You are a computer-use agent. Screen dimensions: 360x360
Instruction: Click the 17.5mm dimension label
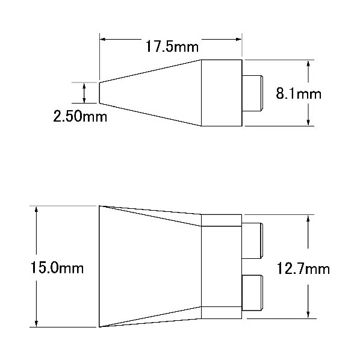(172, 46)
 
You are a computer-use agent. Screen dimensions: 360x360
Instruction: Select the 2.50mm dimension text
(80, 116)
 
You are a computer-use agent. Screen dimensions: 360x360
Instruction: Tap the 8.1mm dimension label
(299, 94)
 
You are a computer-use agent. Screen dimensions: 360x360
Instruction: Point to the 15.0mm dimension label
(57, 268)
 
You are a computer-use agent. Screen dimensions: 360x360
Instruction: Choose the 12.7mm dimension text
(303, 268)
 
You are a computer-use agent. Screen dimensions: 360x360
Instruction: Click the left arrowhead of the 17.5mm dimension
(102, 39)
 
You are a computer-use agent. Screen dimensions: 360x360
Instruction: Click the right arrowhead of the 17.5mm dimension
(239, 39)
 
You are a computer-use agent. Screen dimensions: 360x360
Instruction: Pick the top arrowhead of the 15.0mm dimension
(36, 209)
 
